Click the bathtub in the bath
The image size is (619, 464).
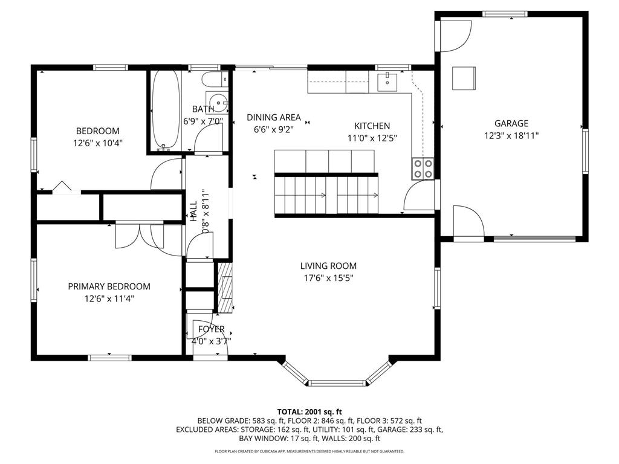[x=164, y=110]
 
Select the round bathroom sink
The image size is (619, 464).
[x=216, y=101]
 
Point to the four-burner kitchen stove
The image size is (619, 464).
[x=423, y=168]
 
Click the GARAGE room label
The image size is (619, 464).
[x=511, y=123]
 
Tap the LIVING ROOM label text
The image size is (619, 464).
[x=328, y=266]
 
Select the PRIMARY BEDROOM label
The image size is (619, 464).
[x=109, y=286]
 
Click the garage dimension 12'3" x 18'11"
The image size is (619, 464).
[x=511, y=136]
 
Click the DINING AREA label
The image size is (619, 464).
[x=273, y=117]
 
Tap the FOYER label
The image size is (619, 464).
[x=211, y=329]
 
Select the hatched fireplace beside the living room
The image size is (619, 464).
[x=225, y=287]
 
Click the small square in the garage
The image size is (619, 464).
[x=464, y=78]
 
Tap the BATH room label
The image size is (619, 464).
[x=203, y=109]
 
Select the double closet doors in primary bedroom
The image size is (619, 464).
[x=139, y=236]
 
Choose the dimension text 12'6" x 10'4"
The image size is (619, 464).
[x=97, y=144]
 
